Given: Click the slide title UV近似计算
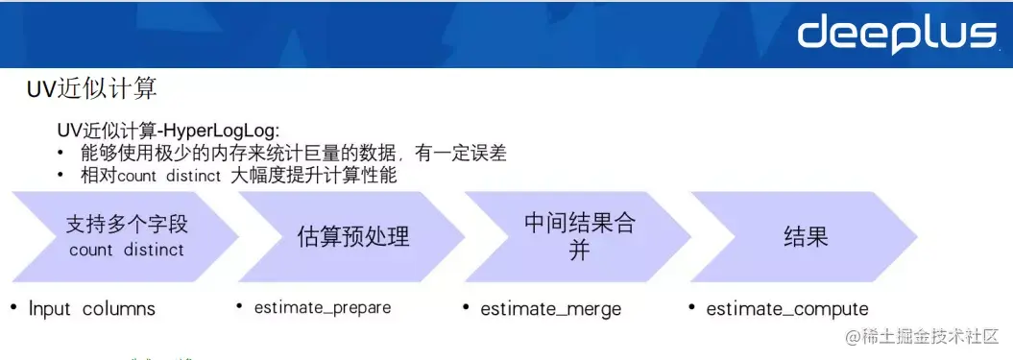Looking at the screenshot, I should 92,90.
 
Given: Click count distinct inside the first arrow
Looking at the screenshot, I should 126,250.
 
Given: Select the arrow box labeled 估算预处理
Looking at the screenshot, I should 352,236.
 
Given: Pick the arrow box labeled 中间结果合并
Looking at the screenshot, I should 579,236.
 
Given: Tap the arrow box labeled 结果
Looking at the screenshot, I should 805,236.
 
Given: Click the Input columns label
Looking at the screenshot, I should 91,309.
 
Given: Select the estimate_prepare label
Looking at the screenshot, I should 322,308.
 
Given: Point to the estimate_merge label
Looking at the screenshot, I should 550,309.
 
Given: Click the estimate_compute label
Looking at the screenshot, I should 786,309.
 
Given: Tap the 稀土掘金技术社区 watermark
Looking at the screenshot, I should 921,337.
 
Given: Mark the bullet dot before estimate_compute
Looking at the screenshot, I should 691,307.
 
